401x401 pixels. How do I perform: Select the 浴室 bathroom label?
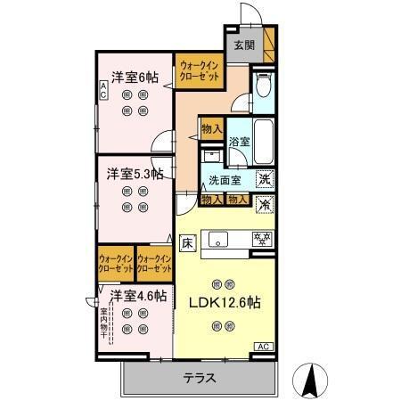point(240,142)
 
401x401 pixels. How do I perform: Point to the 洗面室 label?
point(225,180)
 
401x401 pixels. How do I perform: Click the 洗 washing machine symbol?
point(265,179)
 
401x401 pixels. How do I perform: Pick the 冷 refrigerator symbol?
point(265,203)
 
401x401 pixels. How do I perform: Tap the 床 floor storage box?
point(188,241)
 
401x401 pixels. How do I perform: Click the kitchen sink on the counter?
point(219,239)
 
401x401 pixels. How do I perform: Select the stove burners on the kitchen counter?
point(263,239)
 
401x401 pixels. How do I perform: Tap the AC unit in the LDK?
point(264,346)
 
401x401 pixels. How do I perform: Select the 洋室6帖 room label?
point(135,77)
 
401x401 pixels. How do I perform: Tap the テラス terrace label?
point(200,377)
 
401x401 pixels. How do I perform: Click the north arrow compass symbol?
point(313,381)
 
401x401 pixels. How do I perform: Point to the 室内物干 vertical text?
point(105,325)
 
